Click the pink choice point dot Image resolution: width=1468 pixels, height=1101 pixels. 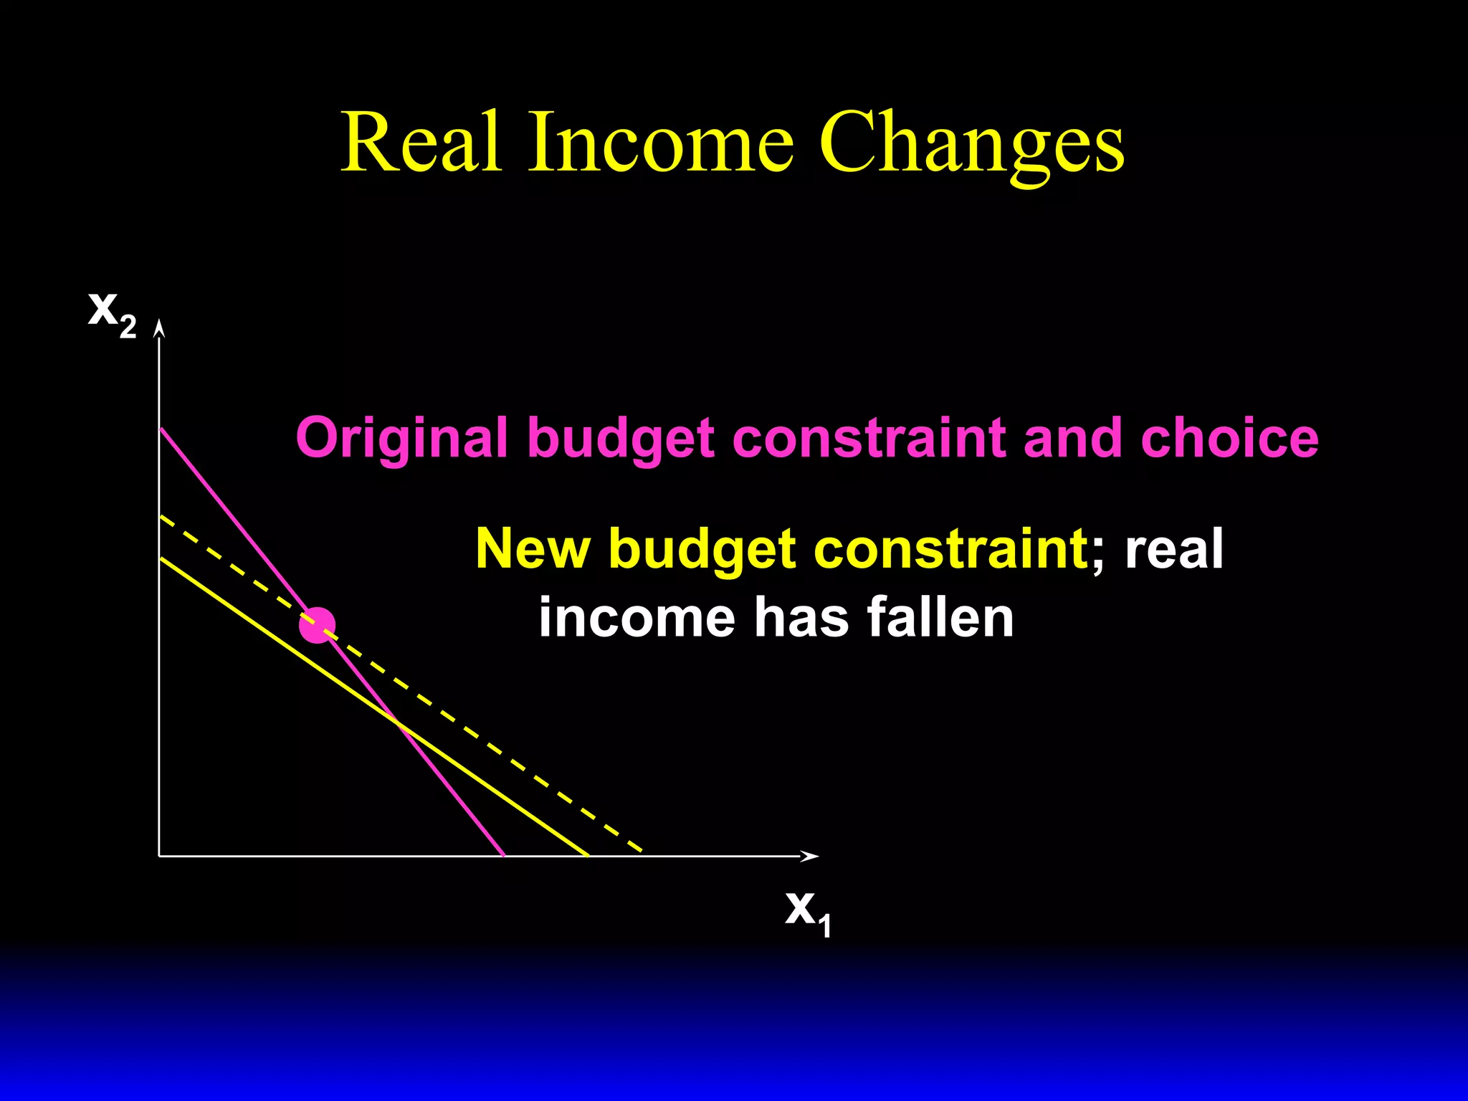tap(317, 626)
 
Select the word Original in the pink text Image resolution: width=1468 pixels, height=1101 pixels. tap(401, 438)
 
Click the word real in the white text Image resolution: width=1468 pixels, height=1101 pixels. tap(1174, 549)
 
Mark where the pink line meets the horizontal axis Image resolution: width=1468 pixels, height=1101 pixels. tap(504, 855)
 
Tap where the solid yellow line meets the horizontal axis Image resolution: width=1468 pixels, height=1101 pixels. tap(588, 855)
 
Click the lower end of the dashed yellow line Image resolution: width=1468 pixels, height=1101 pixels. tap(640, 851)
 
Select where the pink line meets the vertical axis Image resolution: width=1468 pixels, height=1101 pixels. tap(161, 428)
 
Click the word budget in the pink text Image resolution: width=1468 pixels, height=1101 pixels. tap(621, 438)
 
